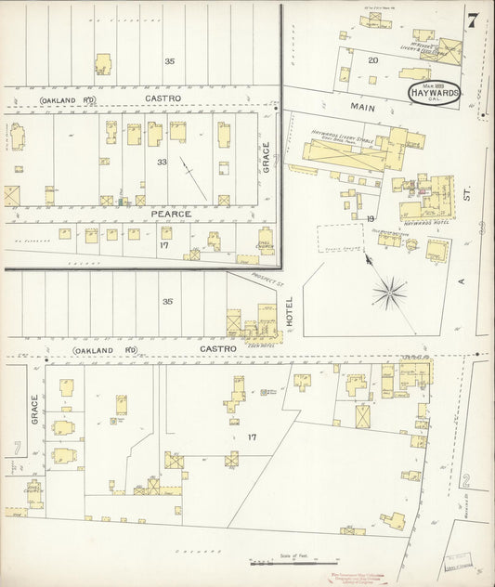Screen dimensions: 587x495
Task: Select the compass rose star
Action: (391, 294)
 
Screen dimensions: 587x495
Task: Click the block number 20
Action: (372, 60)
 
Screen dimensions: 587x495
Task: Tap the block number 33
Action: (162, 163)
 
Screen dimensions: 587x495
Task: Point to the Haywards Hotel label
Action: (426, 224)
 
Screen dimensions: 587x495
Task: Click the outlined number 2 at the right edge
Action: (466, 480)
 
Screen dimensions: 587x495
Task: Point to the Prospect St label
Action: (265, 276)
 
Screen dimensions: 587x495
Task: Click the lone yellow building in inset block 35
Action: (102, 64)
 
